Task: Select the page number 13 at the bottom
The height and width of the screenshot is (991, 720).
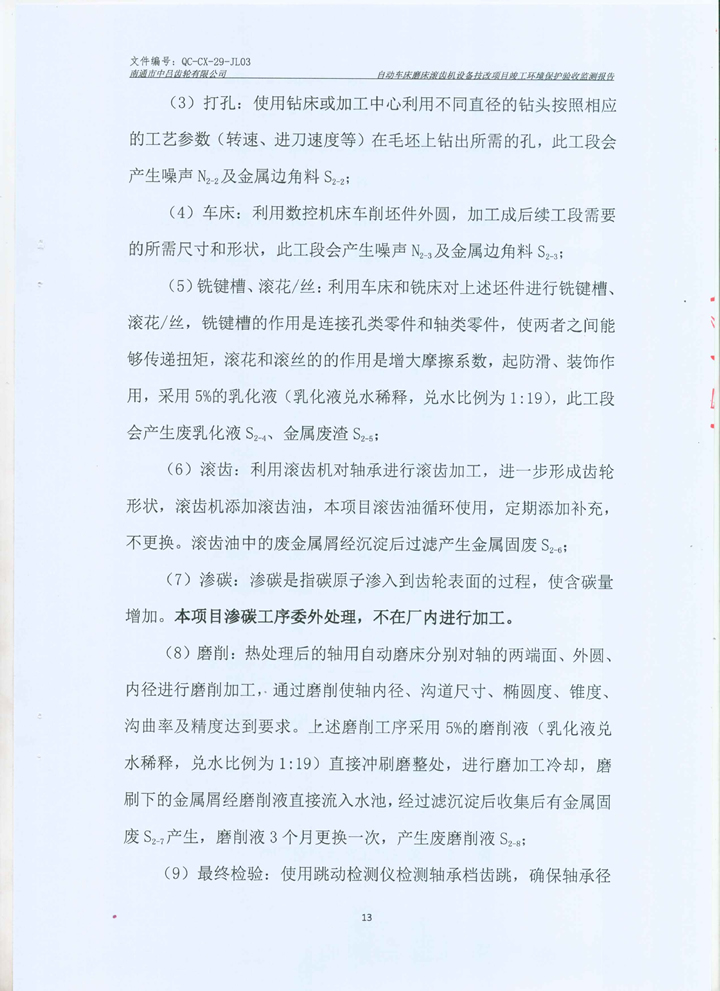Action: tap(366, 917)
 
